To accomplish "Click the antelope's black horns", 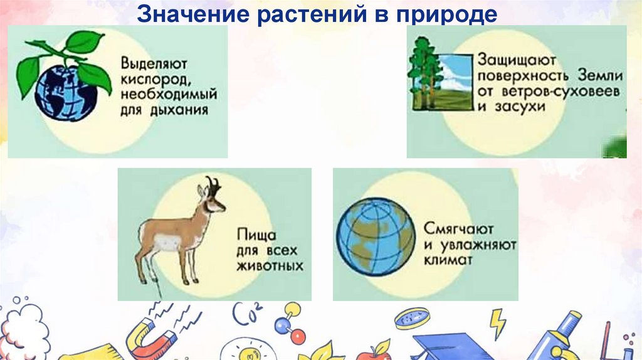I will click(213, 186).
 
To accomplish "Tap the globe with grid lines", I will click(375, 238).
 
